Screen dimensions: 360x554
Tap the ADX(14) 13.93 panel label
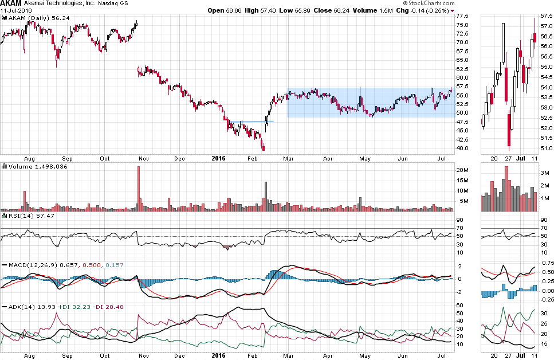pos(26,307)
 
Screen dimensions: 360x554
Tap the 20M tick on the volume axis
pos(461,170)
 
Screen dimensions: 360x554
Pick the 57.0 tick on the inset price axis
pos(547,27)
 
